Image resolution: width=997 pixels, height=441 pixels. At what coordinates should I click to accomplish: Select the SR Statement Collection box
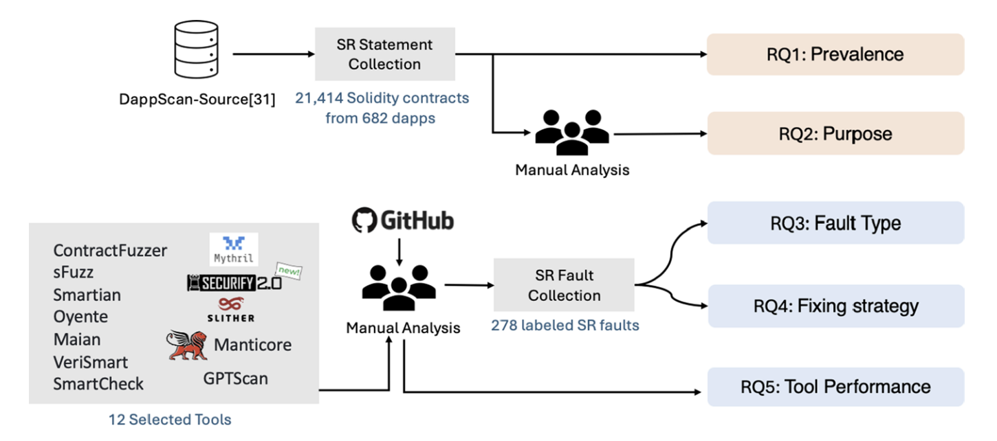coord(384,54)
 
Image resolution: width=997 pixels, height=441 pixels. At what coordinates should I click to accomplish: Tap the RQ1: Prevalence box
coord(835,54)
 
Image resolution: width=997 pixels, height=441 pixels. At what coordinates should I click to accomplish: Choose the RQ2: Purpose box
coord(835,133)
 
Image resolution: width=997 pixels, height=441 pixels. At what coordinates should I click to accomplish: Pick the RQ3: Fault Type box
coord(835,223)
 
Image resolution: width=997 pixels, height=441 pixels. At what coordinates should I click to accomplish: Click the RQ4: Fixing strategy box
coord(835,306)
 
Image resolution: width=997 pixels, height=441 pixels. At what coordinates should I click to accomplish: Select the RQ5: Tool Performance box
coord(835,387)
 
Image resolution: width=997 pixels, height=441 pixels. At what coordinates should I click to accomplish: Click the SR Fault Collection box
coord(564,286)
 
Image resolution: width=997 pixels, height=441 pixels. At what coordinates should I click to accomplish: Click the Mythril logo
coord(234,249)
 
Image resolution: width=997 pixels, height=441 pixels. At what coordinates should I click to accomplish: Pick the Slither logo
coord(231,309)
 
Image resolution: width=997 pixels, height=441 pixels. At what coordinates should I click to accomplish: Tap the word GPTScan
coord(235,378)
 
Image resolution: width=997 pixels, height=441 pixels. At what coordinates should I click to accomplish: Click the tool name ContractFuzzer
coord(110,251)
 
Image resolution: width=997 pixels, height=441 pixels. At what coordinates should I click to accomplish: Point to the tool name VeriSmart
coord(91,361)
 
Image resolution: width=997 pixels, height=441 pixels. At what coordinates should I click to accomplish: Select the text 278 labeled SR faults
coord(565,325)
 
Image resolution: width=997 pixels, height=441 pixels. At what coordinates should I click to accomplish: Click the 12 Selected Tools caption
coord(170,419)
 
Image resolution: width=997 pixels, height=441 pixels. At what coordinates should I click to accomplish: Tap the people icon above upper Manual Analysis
coord(571,131)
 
